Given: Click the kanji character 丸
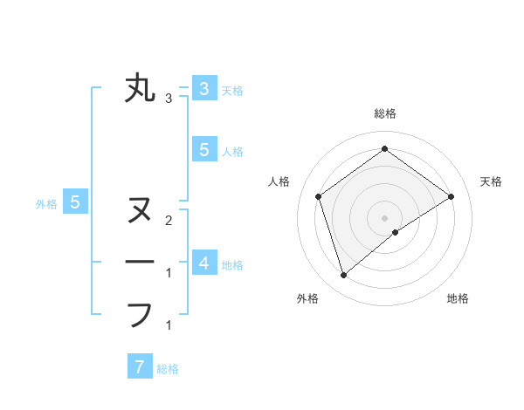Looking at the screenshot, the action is tap(140, 89).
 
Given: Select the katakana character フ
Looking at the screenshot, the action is tap(140, 314).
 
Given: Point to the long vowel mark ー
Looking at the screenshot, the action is tap(140, 263).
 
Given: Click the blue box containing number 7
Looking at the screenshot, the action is tap(140, 366).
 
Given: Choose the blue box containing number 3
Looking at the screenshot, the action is tap(203, 88).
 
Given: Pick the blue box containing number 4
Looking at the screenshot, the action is tap(203, 263).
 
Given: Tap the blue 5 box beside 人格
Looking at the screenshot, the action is tap(203, 149).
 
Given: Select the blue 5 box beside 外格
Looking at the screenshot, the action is tap(75, 202).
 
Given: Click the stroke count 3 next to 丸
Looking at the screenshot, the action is tap(168, 99).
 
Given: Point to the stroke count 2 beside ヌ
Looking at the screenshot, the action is tap(168, 220).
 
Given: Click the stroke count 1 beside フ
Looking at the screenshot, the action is tap(168, 325).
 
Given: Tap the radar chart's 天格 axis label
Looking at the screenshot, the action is tap(491, 181).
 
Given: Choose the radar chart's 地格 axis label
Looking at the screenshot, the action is tap(458, 298).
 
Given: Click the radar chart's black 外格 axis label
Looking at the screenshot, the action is tap(307, 298).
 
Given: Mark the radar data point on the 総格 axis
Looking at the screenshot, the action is tap(384, 149).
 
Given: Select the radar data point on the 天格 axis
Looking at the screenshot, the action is tap(451, 196).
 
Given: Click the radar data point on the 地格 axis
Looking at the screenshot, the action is tap(396, 232).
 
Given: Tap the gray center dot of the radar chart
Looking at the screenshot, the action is tap(384, 217).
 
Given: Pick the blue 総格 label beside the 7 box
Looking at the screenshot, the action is tap(168, 369).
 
